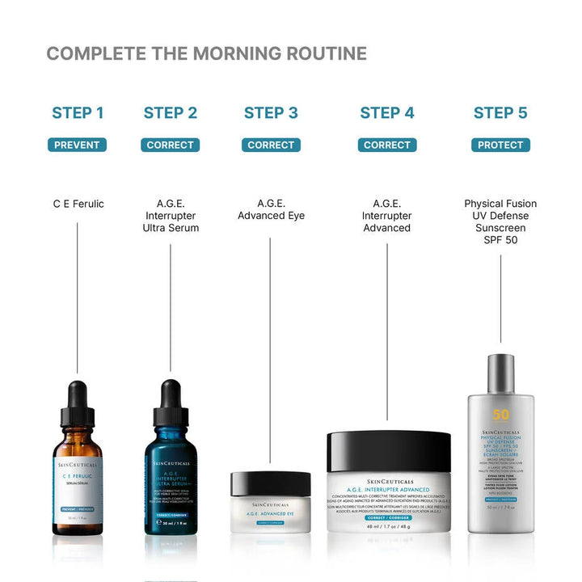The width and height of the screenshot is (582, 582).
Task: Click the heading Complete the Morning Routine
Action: coord(206,54)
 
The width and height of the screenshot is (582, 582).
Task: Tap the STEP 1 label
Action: coord(78,113)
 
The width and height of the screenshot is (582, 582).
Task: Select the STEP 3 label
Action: coord(271,113)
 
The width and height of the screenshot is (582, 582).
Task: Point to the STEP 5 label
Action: coord(500,113)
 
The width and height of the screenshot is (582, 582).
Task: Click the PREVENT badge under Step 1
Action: coord(78,145)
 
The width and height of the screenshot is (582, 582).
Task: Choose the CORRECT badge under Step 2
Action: coord(171,145)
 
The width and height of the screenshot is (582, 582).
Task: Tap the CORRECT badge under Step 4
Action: coord(387,145)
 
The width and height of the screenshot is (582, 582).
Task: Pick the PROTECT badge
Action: coord(500,145)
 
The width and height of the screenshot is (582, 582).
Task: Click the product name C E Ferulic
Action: coord(78,204)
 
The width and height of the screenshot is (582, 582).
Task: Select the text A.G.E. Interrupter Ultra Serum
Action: coord(171,216)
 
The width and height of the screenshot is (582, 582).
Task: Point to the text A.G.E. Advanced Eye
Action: coord(271,210)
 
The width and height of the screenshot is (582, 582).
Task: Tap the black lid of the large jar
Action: coord(389,451)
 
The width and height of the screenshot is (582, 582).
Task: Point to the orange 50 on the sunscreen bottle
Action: coord(501,415)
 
